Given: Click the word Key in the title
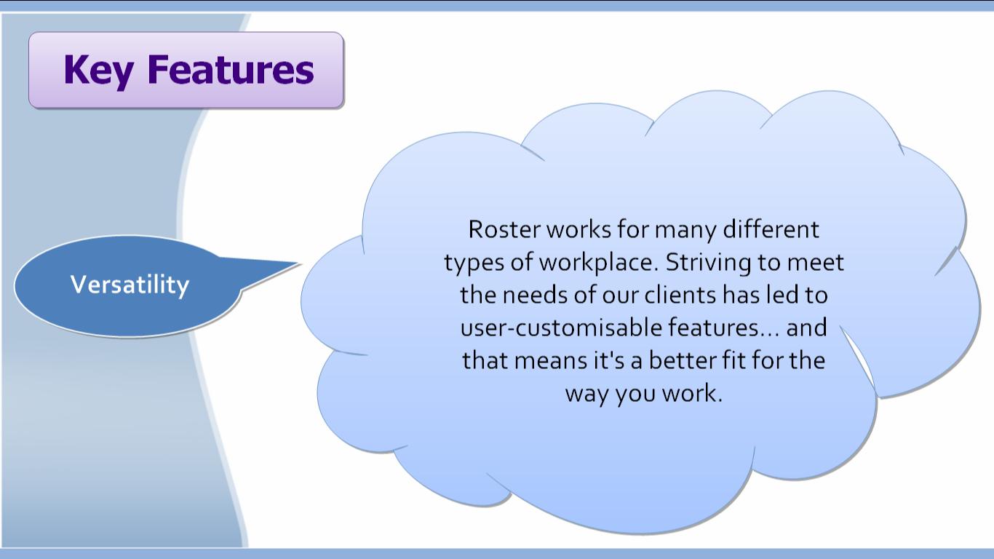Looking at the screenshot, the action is click(x=98, y=71).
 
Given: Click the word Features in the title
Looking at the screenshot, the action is click(x=230, y=69).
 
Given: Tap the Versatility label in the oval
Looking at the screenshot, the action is click(x=130, y=285).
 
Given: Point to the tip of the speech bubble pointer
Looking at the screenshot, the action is click(x=301, y=263).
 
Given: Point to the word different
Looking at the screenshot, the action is click(x=771, y=229).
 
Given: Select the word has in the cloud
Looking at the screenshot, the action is click(x=741, y=295).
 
